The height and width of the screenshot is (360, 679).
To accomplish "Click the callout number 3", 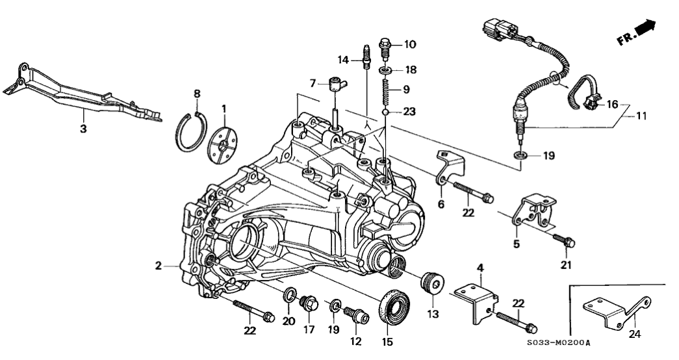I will [x=83, y=129].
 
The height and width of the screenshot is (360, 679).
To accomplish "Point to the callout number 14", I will [x=344, y=60].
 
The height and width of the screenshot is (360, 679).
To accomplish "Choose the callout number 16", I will [x=612, y=104].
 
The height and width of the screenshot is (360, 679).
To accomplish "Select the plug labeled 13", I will [x=432, y=285].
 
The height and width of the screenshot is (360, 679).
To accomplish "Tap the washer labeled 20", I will [x=287, y=298].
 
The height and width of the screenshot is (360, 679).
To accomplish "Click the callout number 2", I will [x=158, y=265].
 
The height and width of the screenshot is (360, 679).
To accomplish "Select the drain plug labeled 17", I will [x=308, y=303].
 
